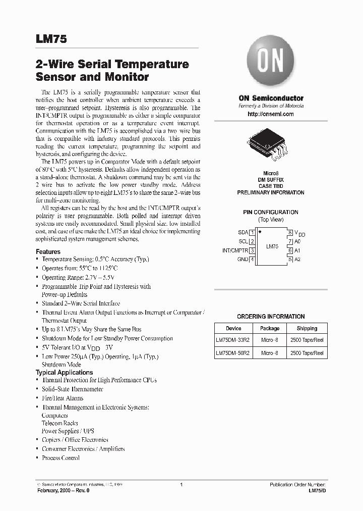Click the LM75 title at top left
click(51, 38)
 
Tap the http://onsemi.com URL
click(271, 114)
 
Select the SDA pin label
click(243, 232)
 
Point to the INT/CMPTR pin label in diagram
click(235, 250)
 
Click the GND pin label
click(243, 260)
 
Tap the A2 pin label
click(297, 260)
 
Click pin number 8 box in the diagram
click(290, 232)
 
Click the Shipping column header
click(307, 328)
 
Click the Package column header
click(270, 328)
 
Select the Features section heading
click(48, 251)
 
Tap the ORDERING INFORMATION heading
click(271, 317)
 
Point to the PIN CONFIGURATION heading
click(271, 212)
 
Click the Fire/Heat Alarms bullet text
click(63, 398)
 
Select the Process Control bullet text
click(60, 458)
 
